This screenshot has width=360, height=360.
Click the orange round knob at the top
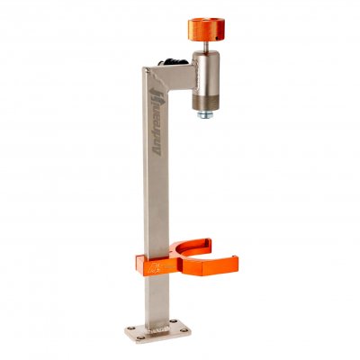(x=206, y=30)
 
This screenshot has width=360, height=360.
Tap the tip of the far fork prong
(x=209, y=241)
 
